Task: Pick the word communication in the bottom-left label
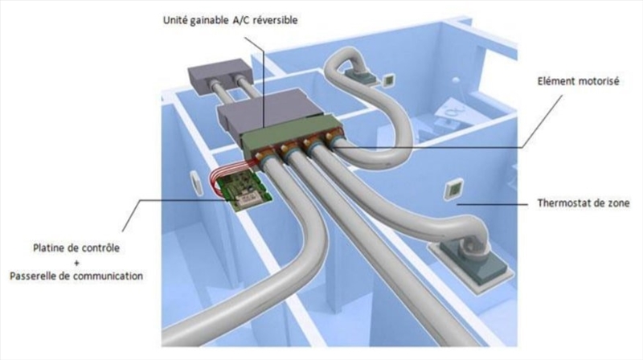(109, 276)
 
